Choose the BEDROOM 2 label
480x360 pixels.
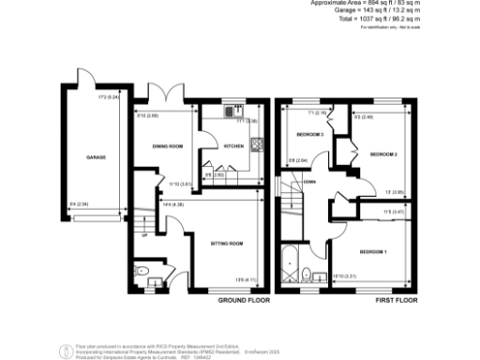point(383,153)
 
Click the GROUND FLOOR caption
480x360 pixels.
point(244,300)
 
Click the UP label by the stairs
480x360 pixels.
point(143,234)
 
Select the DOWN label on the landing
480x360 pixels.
point(308,183)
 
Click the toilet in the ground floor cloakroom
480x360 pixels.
point(152,274)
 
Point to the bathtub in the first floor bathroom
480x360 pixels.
point(287,267)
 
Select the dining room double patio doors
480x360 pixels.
point(171,97)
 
